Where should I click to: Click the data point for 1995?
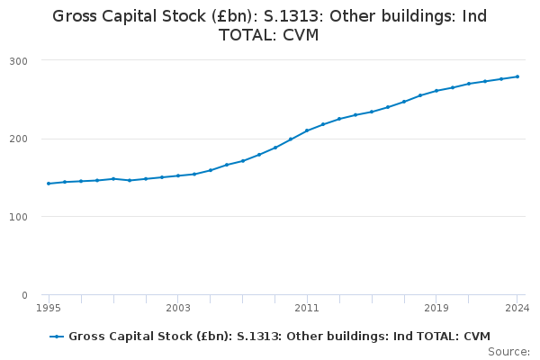(x=49, y=184)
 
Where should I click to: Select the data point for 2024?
(x=517, y=76)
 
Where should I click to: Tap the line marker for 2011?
(x=307, y=130)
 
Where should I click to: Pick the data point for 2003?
(x=178, y=175)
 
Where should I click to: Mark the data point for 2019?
(x=436, y=91)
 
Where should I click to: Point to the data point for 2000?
(x=130, y=180)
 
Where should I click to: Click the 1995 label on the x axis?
(x=49, y=308)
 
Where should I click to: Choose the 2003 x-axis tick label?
(x=178, y=308)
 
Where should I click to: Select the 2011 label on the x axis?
(x=307, y=308)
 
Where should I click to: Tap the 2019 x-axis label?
(x=436, y=308)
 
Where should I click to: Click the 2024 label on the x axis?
(x=517, y=308)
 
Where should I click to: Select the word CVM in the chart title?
(x=301, y=35)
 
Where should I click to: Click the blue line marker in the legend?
(x=57, y=337)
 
